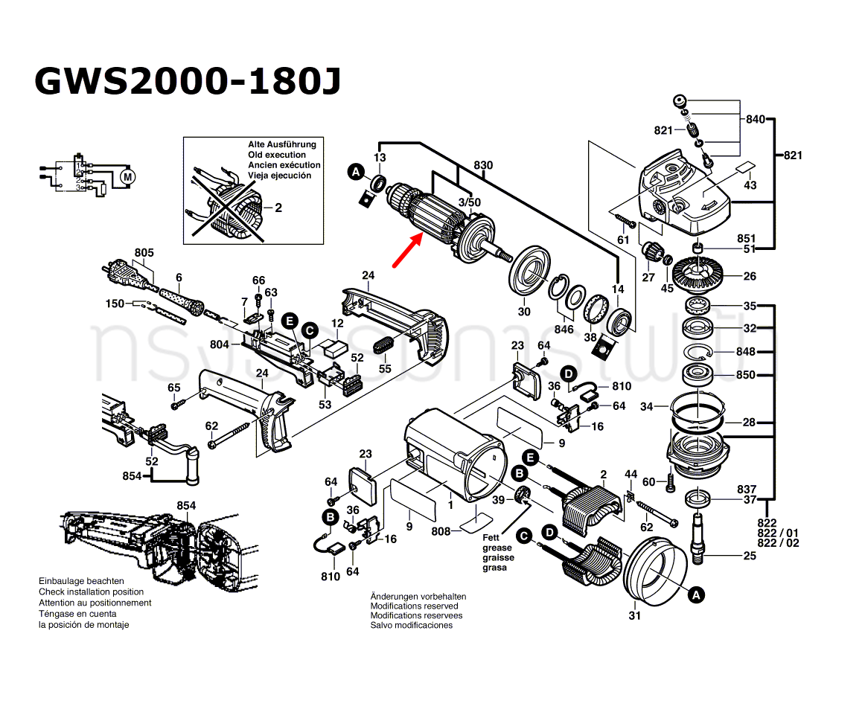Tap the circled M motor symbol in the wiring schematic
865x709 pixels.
127,177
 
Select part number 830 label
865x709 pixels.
483,165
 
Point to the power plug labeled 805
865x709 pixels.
128,274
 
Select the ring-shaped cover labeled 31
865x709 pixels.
652,573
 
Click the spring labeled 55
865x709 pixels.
384,347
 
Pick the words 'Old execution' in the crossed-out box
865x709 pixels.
276,155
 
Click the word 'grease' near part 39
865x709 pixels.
497,548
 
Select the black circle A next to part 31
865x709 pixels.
696,595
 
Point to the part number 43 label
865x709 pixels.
750,185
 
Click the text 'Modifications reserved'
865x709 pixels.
415,606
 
